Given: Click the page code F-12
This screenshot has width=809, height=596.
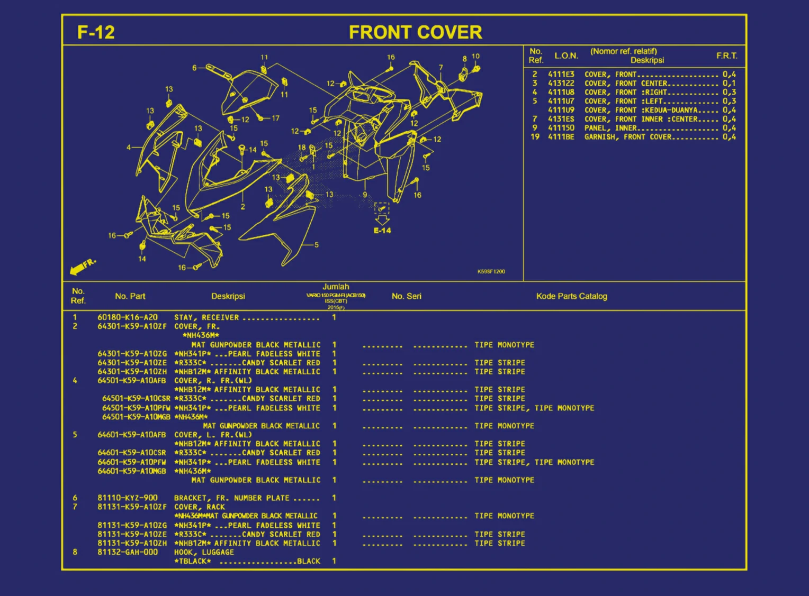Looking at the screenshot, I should click(96, 32).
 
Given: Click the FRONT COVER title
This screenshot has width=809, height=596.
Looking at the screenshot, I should click(415, 32).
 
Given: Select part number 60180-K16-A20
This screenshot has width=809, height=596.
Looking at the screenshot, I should click(127, 317).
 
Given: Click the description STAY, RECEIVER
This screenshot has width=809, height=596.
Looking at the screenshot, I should click(206, 317).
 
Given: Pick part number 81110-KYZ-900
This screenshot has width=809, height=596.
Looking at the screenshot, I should click(127, 498).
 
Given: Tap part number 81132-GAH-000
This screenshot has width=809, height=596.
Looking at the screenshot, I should click(127, 552).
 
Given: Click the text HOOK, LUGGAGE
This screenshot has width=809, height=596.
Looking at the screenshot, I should click(204, 552).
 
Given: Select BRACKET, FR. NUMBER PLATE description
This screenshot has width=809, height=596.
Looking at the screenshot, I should click(231, 498).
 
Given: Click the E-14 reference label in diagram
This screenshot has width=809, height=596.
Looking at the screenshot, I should click(382, 231).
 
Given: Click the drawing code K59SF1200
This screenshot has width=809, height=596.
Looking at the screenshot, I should click(491, 271).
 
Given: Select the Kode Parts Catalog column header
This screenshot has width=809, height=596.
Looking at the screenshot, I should click(571, 296).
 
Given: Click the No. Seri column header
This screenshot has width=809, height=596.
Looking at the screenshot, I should click(406, 296).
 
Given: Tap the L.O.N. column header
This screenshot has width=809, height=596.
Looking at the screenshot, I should click(566, 56).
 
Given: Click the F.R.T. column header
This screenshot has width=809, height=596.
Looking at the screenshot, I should click(726, 56).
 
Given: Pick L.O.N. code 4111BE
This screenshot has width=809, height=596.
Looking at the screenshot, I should click(561, 137).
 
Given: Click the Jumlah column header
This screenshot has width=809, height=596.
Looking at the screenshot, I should click(336, 287).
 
